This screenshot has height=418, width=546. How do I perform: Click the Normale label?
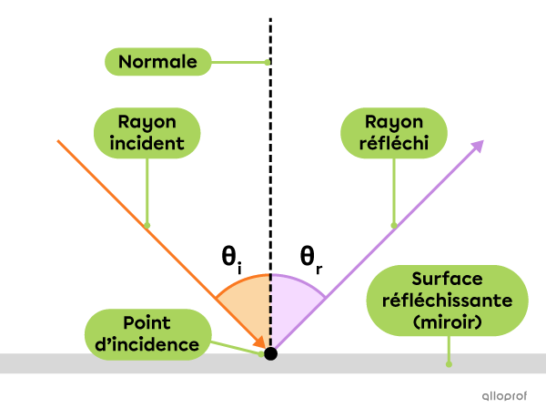157,62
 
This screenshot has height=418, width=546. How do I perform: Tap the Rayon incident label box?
147,133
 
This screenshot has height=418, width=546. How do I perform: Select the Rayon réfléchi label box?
393,133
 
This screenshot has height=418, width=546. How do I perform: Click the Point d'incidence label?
147,333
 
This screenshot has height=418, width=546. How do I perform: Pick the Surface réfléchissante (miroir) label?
446,301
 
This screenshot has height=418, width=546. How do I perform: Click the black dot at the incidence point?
270,353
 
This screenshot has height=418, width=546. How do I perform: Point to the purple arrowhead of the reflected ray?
477,146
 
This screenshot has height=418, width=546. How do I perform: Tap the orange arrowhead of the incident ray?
260,342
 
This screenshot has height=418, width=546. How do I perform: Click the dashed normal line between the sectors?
270,310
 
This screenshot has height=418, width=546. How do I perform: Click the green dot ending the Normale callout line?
267,62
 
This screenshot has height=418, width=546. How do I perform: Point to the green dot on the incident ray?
147,225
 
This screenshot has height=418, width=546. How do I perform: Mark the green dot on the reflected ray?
393,225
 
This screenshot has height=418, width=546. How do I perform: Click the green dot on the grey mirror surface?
448,363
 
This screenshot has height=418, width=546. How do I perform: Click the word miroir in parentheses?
446,322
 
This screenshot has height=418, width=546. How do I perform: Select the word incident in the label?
147,144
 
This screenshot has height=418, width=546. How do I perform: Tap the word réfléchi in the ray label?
393,144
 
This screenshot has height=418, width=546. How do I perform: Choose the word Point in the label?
147,322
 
